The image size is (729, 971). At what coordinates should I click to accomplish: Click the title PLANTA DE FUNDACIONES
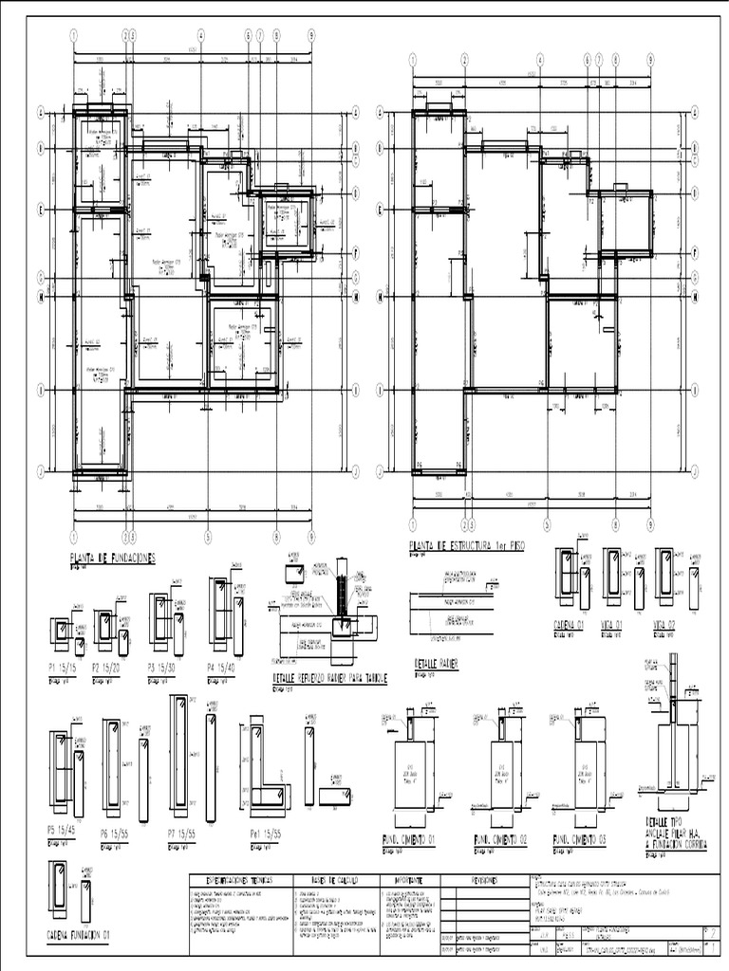tap(112, 558)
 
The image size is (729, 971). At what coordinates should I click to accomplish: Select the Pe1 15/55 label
tap(262, 833)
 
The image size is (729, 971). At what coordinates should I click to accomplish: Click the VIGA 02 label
tap(669, 625)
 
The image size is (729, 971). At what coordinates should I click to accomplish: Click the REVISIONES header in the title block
tap(483, 880)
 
